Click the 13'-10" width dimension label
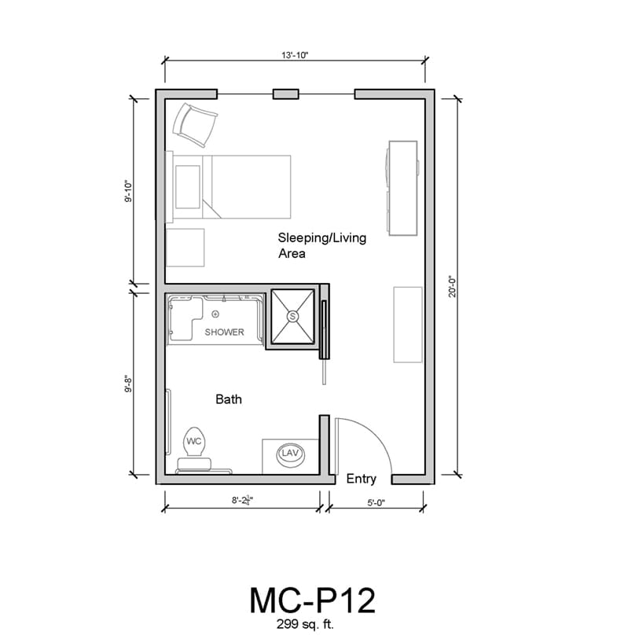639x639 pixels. [x=295, y=54]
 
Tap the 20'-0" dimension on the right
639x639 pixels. [x=453, y=287]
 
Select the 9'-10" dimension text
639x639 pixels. [x=129, y=192]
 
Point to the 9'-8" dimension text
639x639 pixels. [x=129, y=384]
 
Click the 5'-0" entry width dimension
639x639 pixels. [x=376, y=503]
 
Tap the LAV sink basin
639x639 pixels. [x=291, y=454]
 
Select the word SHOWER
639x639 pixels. [x=224, y=332]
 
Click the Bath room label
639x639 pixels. [x=229, y=399]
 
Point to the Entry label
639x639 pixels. [x=361, y=479]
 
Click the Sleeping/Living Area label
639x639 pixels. [x=322, y=245]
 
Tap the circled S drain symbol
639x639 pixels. [x=292, y=316]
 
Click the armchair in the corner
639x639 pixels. [x=195, y=125]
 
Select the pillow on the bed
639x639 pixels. [x=188, y=186]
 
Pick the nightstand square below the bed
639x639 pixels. [x=185, y=248]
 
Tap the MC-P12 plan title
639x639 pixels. [x=312, y=600]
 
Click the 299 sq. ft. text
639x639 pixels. [x=305, y=624]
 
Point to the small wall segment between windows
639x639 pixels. [x=285, y=94]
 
